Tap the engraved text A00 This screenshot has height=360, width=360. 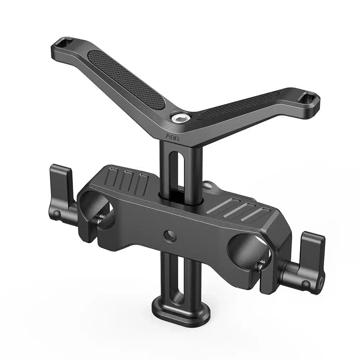171,137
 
